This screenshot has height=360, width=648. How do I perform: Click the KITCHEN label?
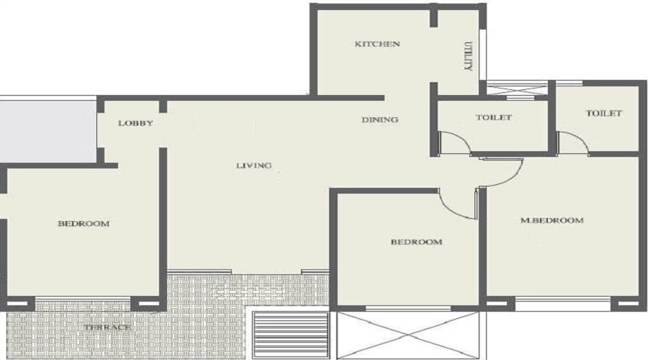point(377,44)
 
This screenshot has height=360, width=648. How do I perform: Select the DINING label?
point(380,120)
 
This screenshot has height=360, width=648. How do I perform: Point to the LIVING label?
point(254,166)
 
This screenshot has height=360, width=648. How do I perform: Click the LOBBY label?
point(135,123)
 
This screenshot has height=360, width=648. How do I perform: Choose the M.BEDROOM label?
point(552,220)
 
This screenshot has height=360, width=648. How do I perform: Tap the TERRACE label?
point(107,328)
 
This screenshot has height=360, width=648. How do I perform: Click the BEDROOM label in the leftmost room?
point(84,223)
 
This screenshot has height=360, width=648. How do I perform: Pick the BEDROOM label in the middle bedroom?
point(416,242)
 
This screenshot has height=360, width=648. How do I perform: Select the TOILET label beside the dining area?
point(494,117)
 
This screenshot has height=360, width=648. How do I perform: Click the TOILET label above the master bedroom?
point(603,113)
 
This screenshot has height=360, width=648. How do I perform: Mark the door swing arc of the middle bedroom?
point(458,204)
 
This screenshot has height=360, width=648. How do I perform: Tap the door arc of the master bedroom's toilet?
point(575,143)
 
